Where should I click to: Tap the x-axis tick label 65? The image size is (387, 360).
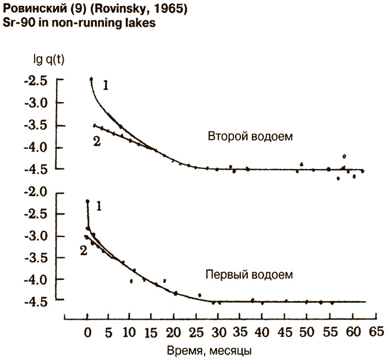376,332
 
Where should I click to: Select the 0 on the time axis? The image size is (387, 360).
87,332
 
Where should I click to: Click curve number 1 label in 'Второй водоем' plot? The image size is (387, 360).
106,85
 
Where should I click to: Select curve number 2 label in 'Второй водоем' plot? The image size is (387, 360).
96,141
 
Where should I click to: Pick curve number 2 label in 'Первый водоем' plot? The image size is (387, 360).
83,250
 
